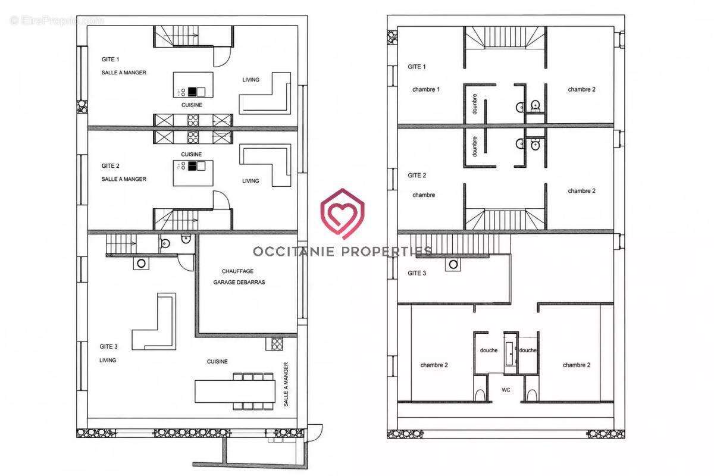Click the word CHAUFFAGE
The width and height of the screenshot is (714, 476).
coord(237,271)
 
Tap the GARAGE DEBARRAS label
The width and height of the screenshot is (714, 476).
coord(239,282)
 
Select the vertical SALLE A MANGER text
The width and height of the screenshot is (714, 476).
coord(286,384)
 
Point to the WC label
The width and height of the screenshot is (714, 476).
coord(506,390)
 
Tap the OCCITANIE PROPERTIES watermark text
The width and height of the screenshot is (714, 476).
coord(343,252)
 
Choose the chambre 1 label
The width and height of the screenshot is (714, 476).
coord(426,90)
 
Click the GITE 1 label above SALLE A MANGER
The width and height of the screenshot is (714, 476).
coord(110,59)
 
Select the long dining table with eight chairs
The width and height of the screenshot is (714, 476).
coord(235,391)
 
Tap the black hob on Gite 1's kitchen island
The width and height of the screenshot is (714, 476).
coord(192,92)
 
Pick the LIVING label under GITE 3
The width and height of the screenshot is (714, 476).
coord(108,360)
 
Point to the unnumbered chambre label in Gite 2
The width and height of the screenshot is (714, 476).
coord(423,195)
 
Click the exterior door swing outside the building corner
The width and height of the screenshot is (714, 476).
coord(315,433)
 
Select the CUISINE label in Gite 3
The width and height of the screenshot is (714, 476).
coord(217,362)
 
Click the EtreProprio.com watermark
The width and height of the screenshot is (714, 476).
coord(57,21)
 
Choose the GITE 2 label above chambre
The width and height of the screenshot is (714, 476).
coord(417,176)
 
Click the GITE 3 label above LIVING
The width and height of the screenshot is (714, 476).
coord(108,346)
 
